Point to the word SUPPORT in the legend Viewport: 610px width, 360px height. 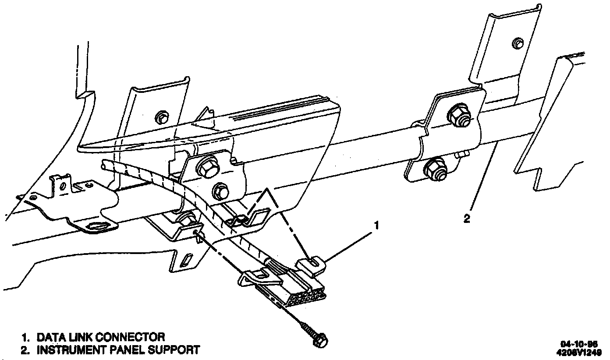tap(172, 350)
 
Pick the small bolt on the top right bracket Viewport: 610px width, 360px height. tap(518, 42)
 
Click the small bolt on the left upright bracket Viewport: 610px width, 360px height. tap(162, 117)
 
